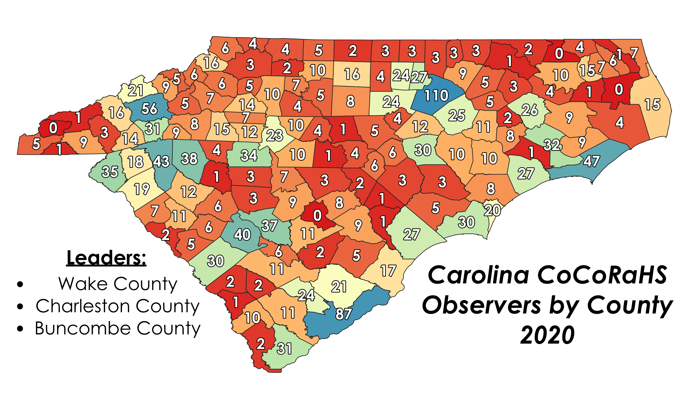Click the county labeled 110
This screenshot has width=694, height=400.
pos(436,95)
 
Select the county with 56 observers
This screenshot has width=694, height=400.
pos(149,109)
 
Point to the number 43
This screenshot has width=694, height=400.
pos(161,161)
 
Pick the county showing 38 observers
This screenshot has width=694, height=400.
pos(189,159)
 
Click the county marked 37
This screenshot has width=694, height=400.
pos(270,226)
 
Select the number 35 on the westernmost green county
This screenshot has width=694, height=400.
pos(110,172)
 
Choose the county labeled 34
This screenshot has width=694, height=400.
pos(249,155)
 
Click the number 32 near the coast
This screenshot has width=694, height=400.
pos(552,145)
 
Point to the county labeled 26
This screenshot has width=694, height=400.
pos(530,110)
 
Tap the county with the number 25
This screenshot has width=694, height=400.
pos(457,115)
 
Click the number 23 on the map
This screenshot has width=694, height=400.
pos(274,135)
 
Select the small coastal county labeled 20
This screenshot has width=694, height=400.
pos(493,210)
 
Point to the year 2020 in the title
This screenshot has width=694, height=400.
pos(547,335)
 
